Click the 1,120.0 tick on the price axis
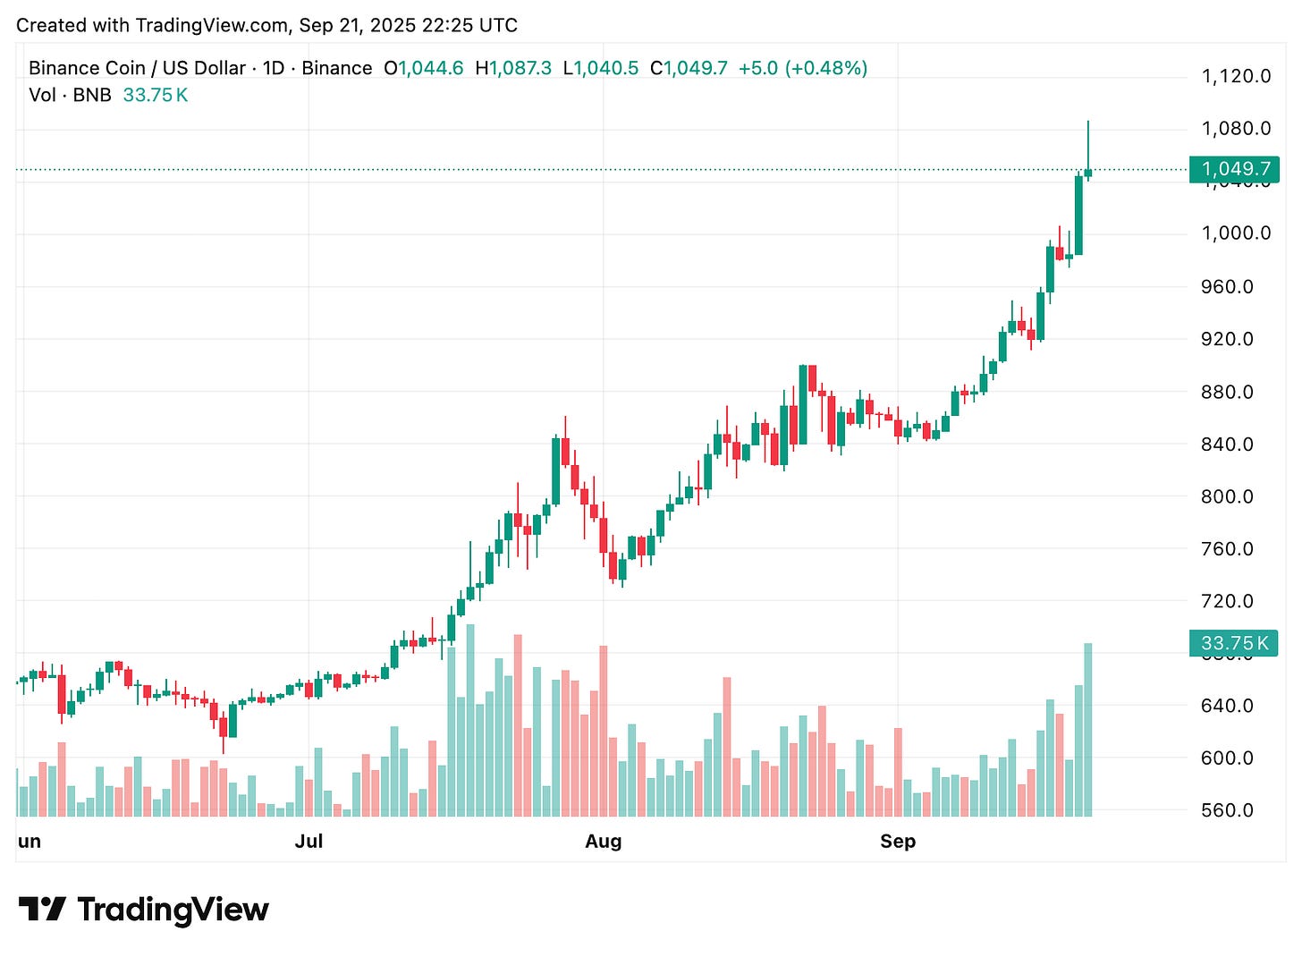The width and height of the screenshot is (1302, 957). [1235, 76]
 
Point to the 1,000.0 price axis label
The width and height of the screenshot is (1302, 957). [1235, 233]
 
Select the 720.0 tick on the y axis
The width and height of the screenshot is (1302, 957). [1227, 601]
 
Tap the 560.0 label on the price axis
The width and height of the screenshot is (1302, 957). [1227, 810]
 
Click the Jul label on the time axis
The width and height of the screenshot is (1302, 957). [309, 842]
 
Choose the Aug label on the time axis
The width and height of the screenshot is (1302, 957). [603, 842]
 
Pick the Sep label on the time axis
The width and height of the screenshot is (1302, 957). [897, 842]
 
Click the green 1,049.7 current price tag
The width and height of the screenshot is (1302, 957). [1235, 169]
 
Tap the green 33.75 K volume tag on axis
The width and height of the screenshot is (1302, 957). [1234, 643]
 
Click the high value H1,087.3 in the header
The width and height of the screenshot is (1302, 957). [513, 68]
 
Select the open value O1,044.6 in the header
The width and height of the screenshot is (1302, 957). [423, 68]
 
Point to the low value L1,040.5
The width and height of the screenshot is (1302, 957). [600, 68]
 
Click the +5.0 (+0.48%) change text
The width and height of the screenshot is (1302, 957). [802, 68]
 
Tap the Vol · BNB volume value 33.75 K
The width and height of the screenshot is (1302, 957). [155, 95]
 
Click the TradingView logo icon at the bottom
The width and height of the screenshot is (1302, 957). [42, 910]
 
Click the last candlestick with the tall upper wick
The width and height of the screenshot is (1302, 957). [1088, 172]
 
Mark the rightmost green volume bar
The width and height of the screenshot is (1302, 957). [1088, 729]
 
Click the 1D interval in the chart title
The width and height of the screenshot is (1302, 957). [274, 68]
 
